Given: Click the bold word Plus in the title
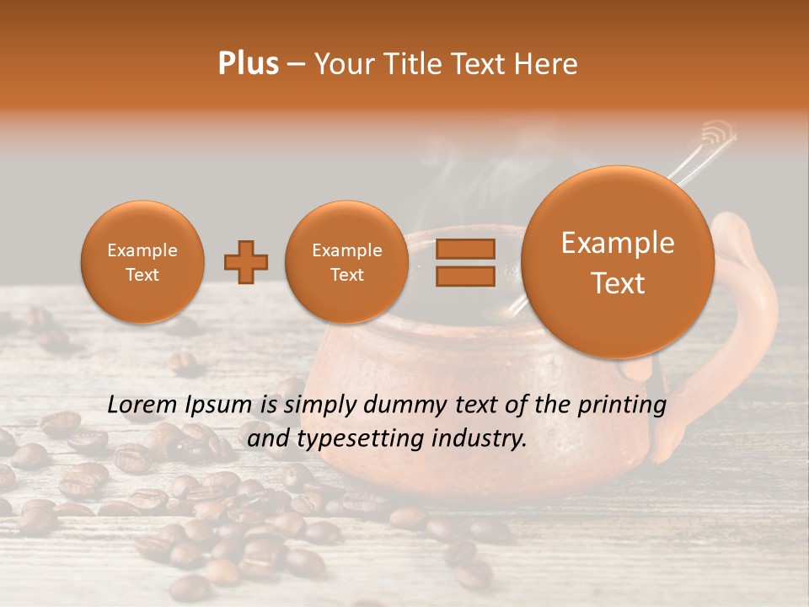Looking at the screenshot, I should tap(248, 64).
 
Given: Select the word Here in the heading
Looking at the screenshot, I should tap(544, 64).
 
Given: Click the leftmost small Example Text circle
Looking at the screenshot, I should tap(142, 262).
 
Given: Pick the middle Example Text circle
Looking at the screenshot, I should tap(347, 262).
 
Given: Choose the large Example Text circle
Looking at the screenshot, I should tap(618, 262).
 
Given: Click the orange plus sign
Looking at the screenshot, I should tap(246, 262).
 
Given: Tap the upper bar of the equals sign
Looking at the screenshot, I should tap(465, 249).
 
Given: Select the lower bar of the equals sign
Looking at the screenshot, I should tap(465, 276).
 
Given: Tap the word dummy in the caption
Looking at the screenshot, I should tap(393, 406).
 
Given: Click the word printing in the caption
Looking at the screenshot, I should tap(623, 406).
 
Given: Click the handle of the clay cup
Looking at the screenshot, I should tap(750, 295).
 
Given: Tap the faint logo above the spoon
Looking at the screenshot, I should tap(718, 133).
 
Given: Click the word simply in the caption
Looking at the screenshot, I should tap(314, 406).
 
